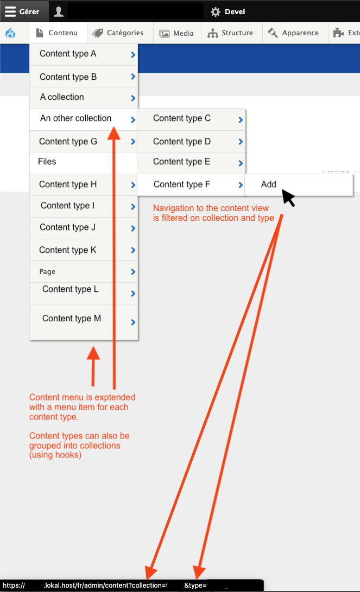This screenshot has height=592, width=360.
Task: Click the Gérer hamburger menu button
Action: (22, 11)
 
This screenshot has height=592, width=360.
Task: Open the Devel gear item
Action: (228, 11)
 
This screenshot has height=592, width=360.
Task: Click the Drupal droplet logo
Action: (11, 34)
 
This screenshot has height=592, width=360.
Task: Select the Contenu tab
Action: (58, 33)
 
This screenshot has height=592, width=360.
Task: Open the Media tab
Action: (177, 34)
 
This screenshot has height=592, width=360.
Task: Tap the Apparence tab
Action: (294, 33)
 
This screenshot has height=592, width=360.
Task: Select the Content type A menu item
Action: (68, 54)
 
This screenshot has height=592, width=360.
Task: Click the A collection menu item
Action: (62, 97)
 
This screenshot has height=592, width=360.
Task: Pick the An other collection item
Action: (75, 118)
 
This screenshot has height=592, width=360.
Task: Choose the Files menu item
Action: (47, 162)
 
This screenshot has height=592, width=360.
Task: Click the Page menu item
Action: (47, 272)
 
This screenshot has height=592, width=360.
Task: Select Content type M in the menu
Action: (72, 319)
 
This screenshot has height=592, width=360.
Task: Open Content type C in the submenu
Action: (182, 118)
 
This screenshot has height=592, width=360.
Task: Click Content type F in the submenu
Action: (182, 184)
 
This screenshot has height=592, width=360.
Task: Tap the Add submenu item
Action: (269, 184)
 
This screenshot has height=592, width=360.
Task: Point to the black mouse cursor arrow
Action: (288, 198)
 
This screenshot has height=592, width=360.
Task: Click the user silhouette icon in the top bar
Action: (58, 11)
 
